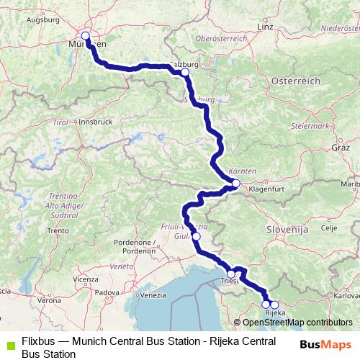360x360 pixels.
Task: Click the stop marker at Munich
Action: click(x=86, y=36)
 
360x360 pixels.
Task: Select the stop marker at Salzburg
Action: click(x=185, y=72)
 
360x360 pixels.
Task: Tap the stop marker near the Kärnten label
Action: click(x=236, y=184)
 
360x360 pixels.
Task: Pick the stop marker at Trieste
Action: click(x=231, y=274)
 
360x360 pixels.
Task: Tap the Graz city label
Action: click(x=341, y=147)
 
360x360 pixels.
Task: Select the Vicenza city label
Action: click(x=85, y=279)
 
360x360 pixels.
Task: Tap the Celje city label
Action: click(x=328, y=228)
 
